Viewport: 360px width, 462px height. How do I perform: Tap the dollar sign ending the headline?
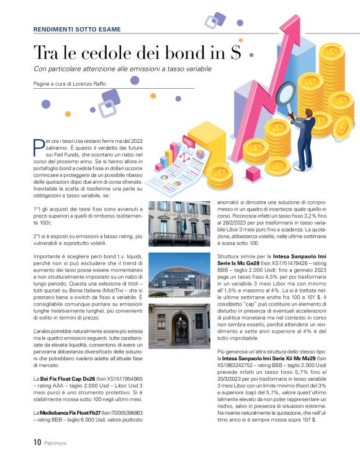click(x=234, y=53)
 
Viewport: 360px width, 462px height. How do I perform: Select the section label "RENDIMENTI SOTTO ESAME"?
click(x=77, y=29)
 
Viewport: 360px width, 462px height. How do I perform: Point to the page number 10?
click(x=37, y=443)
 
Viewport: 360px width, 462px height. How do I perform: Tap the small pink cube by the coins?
click(x=160, y=166)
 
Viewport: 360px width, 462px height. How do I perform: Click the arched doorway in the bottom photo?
click(x=180, y=328)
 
